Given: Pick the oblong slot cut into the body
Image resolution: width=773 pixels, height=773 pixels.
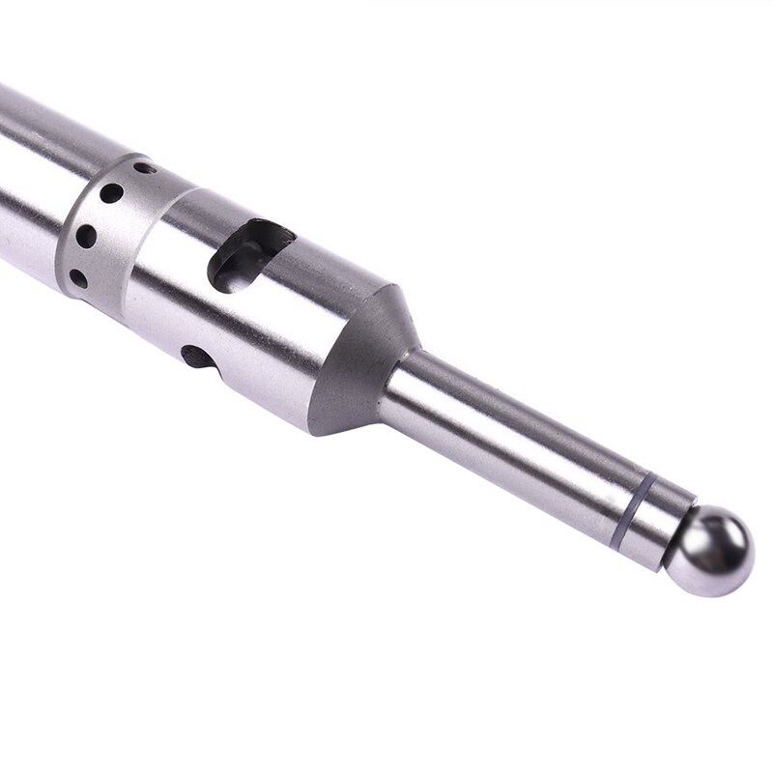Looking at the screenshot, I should (x=248, y=257).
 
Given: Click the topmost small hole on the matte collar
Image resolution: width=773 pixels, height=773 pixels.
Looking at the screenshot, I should (x=143, y=168).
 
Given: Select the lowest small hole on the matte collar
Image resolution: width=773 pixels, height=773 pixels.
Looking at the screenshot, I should (x=78, y=278).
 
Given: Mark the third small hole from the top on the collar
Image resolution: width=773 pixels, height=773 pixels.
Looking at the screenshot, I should (x=87, y=235).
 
